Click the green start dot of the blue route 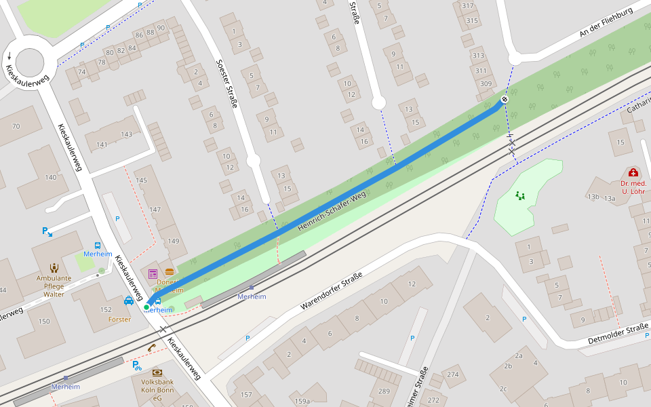(146, 307)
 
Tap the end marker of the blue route (505, 100)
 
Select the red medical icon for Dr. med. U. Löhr (633, 173)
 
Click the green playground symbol (520, 196)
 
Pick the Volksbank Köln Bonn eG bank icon (157, 372)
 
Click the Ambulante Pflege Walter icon (54, 267)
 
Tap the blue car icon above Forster (129, 301)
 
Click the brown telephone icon (152, 348)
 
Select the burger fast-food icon (169, 272)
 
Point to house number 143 (126, 134)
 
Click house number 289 (384, 391)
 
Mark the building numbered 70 (16, 126)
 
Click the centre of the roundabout (29, 62)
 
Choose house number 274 (452, 374)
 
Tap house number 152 (106, 309)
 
